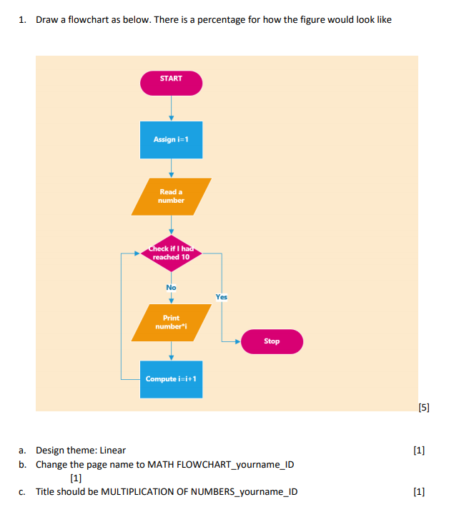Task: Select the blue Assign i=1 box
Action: [171, 139]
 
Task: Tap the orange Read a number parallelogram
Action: [171, 196]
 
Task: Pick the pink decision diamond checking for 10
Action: [171, 254]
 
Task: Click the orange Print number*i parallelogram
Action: [171, 322]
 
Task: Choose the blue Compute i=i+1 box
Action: [171, 378]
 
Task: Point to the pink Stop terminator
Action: [272, 341]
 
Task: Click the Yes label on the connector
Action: [222, 296]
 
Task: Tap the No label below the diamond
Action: [171, 288]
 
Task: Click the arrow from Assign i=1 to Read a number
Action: [171, 168]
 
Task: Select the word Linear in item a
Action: [112, 450]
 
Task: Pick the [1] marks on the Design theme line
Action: [419, 450]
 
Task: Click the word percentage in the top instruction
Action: [251, 19]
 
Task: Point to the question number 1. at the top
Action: [23, 19]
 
